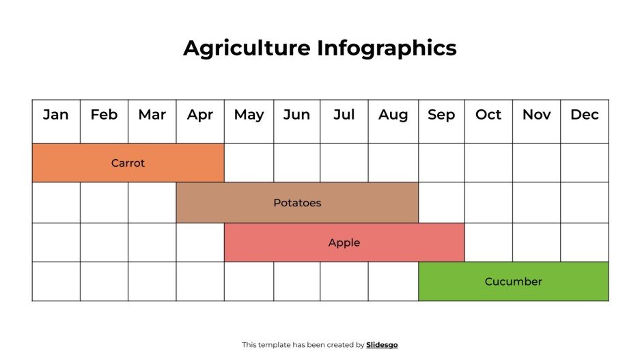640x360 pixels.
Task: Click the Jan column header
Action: point(56,115)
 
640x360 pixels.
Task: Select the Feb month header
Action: point(104,115)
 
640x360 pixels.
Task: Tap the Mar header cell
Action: point(152,115)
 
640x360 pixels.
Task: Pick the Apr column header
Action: point(200,115)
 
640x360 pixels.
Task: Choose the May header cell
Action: point(249,115)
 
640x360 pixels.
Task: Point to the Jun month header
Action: point(296,115)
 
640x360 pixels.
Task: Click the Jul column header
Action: point(344,115)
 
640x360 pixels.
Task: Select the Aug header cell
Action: point(393,115)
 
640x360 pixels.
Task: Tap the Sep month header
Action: point(441,115)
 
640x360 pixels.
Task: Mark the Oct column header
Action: point(488,115)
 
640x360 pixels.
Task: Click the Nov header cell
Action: point(536,115)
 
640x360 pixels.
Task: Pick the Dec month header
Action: point(585,115)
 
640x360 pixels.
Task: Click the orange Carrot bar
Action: point(128,163)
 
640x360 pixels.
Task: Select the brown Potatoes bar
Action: point(297,203)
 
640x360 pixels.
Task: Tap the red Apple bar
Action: point(344,243)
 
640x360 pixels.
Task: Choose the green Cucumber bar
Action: point(513,281)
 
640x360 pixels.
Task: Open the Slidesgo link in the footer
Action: point(382,345)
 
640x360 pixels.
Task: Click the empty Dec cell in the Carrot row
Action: point(585,163)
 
